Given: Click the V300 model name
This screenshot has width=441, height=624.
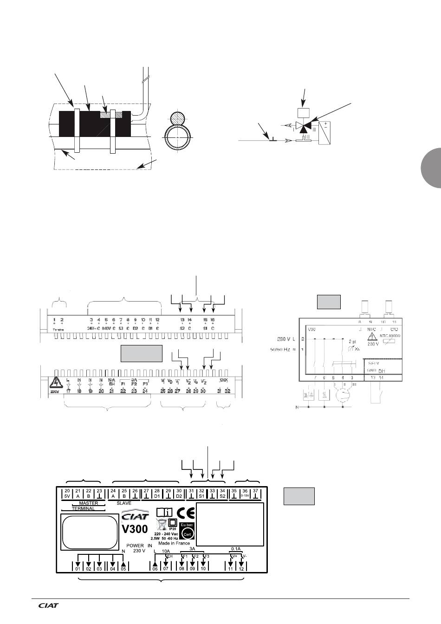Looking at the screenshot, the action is click(x=135, y=529).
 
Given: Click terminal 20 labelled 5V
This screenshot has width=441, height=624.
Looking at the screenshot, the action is click(x=67, y=494).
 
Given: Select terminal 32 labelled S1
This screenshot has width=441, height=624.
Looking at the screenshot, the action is click(x=201, y=494).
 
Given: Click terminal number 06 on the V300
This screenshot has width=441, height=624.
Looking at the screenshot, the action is click(x=155, y=568).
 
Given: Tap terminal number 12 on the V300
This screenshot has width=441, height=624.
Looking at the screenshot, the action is click(x=241, y=568).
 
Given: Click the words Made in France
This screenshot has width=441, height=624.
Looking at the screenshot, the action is click(x=174, y=543).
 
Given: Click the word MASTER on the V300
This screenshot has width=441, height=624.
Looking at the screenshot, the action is click(x=88, y=503).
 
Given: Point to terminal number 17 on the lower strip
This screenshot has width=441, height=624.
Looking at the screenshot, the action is click(x=68, y=391).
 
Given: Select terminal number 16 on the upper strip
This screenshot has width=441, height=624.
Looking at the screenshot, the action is click(x=213, y=320).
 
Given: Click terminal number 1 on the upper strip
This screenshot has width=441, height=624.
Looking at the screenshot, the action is click(x=54, y=320).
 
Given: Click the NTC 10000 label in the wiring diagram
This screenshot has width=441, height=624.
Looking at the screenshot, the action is click(x=390, y=335).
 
